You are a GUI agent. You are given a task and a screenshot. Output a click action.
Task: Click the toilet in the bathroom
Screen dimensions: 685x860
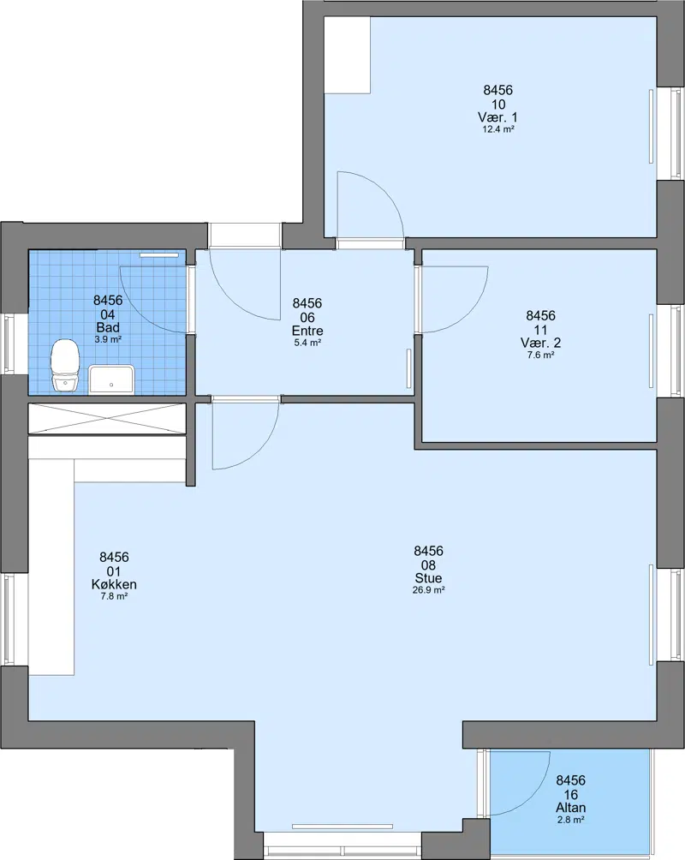[x=65, y=365]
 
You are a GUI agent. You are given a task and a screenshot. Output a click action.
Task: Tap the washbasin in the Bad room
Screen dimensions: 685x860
[x=112, y=379]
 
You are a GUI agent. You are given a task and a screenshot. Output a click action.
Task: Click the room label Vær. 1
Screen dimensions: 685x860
[x=497, y=117]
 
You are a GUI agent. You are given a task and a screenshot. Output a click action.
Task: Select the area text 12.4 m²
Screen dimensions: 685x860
[x=498, y=129]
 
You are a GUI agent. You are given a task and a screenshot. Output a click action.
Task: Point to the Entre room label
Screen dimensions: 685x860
[x=307, y=331]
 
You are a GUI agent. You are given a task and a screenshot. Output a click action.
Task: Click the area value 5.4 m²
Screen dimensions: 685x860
[x=307, y=343]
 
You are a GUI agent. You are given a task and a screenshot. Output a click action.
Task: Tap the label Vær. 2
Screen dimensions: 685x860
[x=541, y=343]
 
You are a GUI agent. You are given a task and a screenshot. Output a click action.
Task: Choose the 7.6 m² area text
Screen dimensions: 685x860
[x=541, y=355]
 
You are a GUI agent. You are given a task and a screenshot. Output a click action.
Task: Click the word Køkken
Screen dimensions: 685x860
[x=114, y=584]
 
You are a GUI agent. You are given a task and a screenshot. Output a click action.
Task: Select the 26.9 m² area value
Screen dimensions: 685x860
[x=428, y=590]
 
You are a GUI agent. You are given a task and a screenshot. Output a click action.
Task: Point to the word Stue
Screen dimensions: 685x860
[x=428, y=578]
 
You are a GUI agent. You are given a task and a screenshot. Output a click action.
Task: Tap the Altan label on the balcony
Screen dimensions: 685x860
[x=570, y=808]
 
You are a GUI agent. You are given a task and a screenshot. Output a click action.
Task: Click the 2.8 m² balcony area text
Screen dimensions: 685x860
[x=570, y=820]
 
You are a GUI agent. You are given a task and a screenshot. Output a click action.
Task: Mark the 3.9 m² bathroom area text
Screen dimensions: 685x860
[x=108, y=339]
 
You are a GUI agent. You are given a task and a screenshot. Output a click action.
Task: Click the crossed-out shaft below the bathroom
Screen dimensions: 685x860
[x=108, y=420]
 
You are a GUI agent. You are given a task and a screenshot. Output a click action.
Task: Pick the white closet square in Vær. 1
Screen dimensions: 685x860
[x=347, y=55]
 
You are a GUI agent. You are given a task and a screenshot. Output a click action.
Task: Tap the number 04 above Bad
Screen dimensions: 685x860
[x=108, y=315]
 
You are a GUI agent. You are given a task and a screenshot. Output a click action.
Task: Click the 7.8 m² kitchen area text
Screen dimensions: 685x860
[x=114, y=596]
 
